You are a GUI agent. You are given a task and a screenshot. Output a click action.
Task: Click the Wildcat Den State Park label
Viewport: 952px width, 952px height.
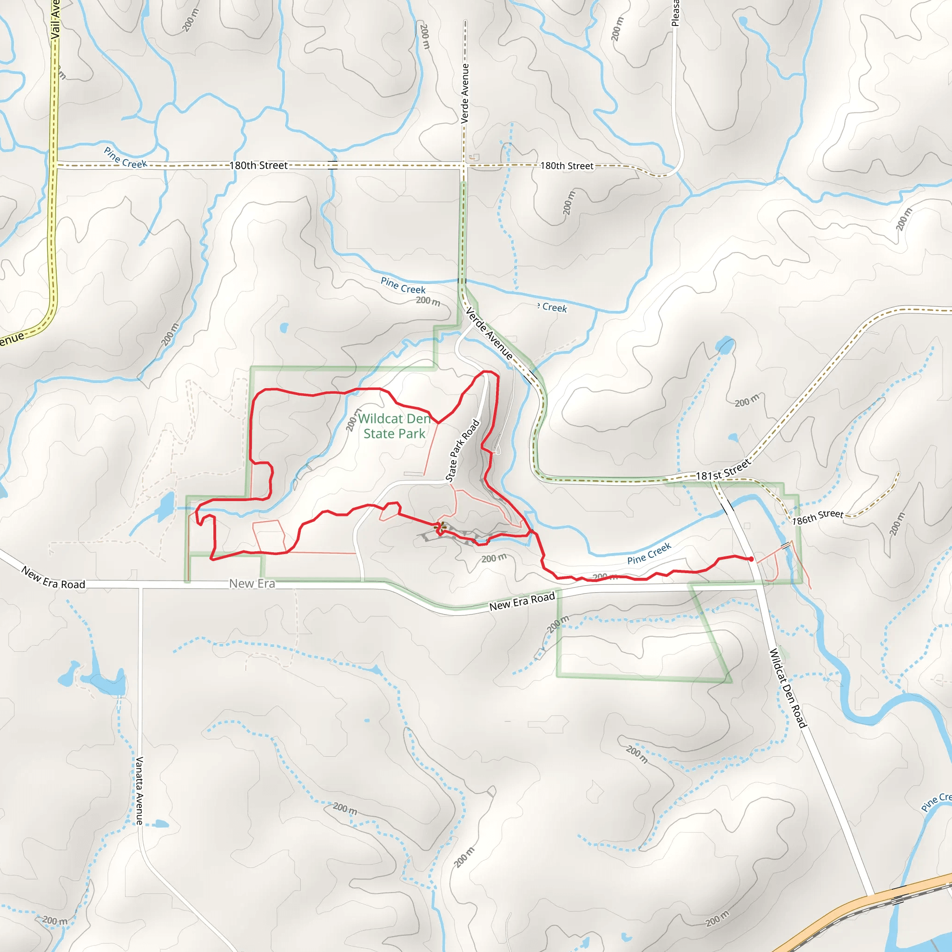click(394, 426)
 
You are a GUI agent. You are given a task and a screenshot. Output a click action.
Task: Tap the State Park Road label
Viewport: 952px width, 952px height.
click(462, 450)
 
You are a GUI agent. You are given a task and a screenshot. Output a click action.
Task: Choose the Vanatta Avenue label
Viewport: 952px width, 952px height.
click(139, 790)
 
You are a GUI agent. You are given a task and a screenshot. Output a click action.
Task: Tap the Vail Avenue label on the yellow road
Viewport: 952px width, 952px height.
click(55, 20)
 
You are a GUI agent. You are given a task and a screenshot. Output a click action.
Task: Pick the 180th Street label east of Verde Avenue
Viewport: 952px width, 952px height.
click(567, 166)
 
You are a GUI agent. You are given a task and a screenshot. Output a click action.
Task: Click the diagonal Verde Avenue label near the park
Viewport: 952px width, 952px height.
click(489, 334)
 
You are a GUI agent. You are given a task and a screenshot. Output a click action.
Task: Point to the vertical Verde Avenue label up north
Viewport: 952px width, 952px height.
click(465, 93)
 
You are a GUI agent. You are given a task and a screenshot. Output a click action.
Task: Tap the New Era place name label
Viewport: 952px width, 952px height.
click(252, 583)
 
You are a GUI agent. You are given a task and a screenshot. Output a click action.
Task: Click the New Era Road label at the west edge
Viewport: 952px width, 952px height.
click(53, 578)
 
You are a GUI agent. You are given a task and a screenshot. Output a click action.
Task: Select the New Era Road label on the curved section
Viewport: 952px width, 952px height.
click(522, 601)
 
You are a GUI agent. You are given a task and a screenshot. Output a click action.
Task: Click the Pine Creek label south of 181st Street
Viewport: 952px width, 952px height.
click(649, 553)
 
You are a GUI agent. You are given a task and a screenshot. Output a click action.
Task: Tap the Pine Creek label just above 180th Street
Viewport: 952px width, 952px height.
click(125, 158)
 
